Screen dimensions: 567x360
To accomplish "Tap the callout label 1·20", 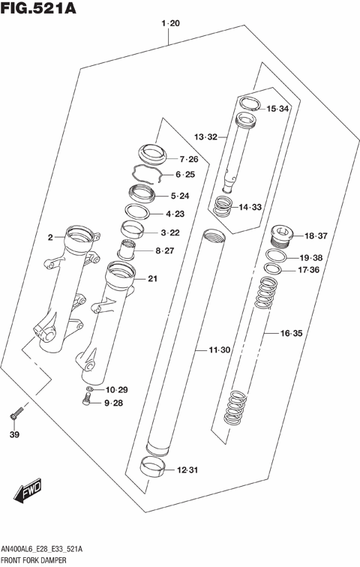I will click(x=170, y=25).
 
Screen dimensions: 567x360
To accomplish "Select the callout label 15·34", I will click(x=277, y=109).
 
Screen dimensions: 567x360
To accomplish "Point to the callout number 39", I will click(x=14, y=434).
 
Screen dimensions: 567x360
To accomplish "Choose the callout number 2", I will click(x=49, y=238).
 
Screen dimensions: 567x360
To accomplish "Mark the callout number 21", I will click(x=152, y=280).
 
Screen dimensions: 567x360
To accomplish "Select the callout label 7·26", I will click(x=188, y=159).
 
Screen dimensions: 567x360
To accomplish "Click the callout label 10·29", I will click(x=117, y=389).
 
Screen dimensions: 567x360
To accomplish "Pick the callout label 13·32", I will click(x=205, y=137).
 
